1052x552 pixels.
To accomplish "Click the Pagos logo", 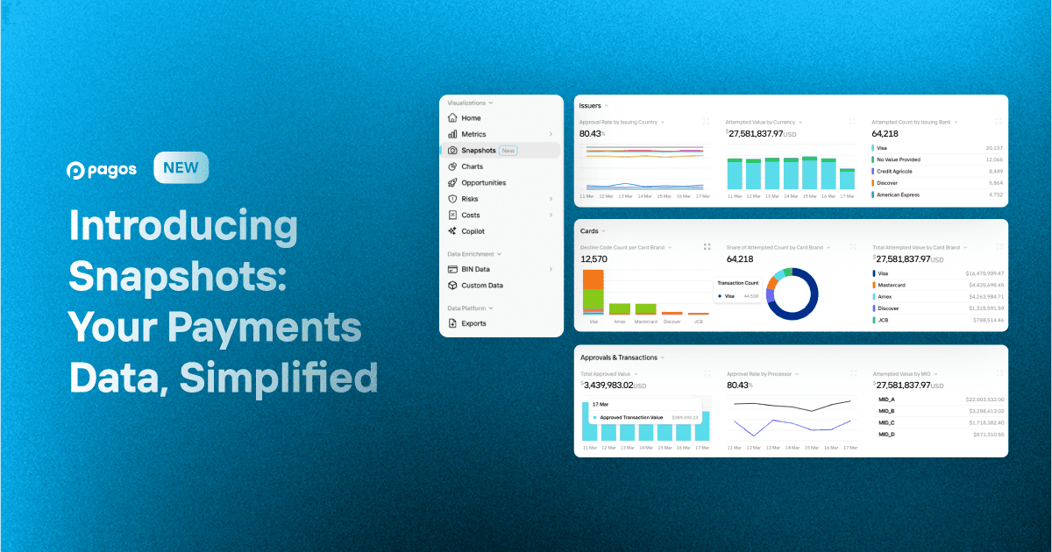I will click(102, 170).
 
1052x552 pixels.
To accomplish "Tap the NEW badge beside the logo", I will click(181, 168).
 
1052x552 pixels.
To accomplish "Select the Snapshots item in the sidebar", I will click(479, 151).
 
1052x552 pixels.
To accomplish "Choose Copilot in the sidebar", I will click(473, 231).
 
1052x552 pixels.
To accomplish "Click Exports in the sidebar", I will click(473, 323).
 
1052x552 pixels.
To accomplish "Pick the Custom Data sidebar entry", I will click(481, 286).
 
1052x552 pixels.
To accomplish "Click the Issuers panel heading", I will click(590, 106).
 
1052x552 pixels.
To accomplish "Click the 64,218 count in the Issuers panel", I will click(886, 133).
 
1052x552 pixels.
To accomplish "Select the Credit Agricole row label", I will click(899, 172).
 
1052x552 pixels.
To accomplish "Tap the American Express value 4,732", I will click(994, 195).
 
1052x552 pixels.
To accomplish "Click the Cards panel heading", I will click(589, 231).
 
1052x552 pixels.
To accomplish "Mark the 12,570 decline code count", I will click(594, 259).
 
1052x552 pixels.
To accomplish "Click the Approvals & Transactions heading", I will click(618, 357).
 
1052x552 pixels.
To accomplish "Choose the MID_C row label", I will click(885, 422).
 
